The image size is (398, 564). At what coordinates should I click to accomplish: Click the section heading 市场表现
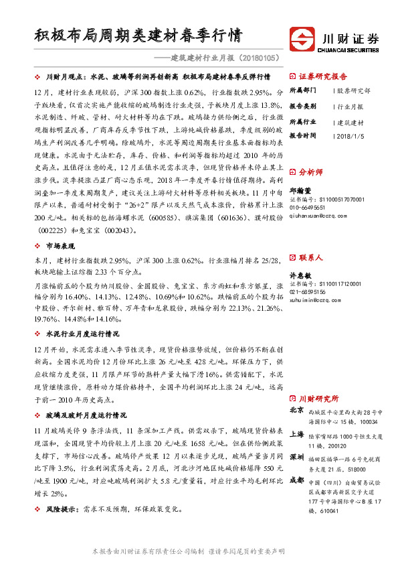[64, 246]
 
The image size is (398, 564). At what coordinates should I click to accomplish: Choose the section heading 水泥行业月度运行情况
[82, 333]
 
